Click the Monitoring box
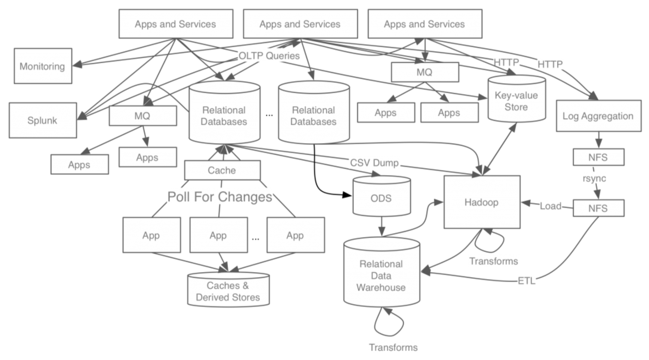[x=43, y=66]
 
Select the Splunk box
[x=43, y=120]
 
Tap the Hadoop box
[x=481, y=202]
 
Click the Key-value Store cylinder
[x=516, y=101]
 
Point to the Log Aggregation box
[x=598, y=116]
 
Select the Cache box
[x=222, y=170]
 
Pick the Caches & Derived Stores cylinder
[x=228, y=291]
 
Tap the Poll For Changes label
[x=220, y=197]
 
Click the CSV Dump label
[x=374, y=163]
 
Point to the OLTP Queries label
[x=269, y=56]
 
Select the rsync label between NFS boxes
[x=594, y=178]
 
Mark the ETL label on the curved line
[x=526, y=281]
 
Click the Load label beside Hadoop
[x=550, y=206]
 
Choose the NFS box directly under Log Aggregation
[x=598, y=157]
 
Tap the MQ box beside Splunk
[x=143, y=116]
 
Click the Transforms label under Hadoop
[x=493, y=261]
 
